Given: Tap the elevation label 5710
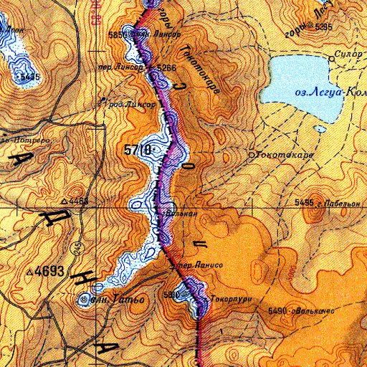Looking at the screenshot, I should [x=136, y=150].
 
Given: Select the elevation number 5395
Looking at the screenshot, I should [x=325, y=27].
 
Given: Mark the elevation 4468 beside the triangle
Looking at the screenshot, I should [x=80, y=201].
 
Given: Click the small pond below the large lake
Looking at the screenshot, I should [x=320, y=130].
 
